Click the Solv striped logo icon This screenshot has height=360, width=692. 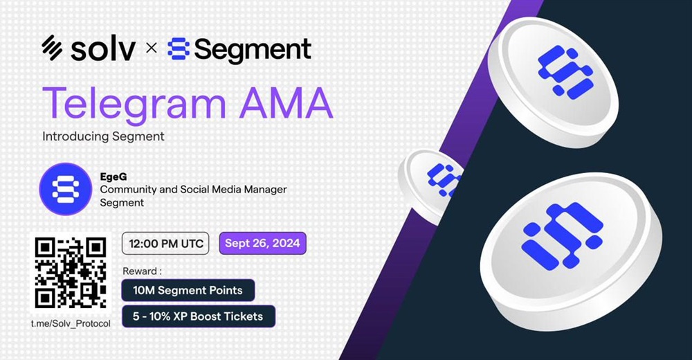[52, 47]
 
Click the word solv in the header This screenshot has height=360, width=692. [103, 48]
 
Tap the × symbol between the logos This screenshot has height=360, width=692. [151, 48]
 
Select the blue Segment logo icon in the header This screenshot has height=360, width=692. [179, 48]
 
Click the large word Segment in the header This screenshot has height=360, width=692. [253, 50]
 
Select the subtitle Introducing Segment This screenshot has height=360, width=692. [103, 136]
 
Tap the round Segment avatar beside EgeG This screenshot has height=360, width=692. [65, 189]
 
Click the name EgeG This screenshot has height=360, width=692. [113, 177]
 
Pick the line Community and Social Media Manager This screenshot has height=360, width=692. [193, 190]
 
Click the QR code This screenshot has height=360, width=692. [71, 273]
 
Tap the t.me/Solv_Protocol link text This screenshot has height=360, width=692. [71, 324]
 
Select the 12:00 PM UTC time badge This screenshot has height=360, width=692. [165, 244]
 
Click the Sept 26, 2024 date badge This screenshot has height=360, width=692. [262, 244]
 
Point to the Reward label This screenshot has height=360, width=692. [142, 271]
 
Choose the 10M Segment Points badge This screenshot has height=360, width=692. [188, 290]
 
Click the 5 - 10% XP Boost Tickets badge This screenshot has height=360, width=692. [198, 316]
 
